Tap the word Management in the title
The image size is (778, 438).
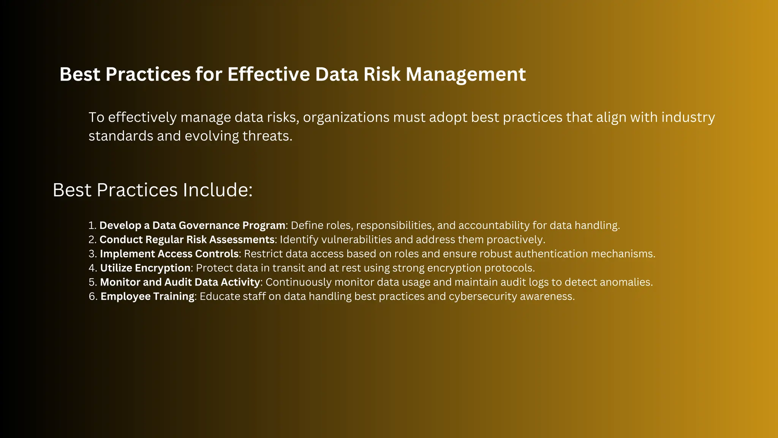coord(466,75)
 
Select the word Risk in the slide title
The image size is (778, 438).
coord(382,74)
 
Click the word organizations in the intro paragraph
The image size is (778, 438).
coord(346,117)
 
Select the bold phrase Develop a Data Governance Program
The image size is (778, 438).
coord(192,225)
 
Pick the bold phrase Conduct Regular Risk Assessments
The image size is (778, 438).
coord(187,240)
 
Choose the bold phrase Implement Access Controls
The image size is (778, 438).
coord(169,254)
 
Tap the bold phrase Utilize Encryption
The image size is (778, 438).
coord(145,268)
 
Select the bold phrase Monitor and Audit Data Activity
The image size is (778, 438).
coord(180,282)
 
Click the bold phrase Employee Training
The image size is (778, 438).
coord(147,296)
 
